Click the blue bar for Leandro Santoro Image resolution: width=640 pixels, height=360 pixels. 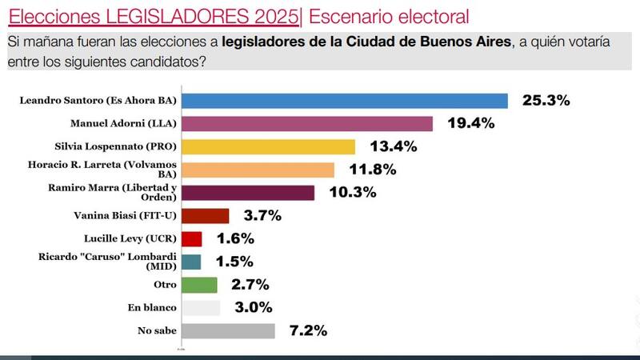(345, 101)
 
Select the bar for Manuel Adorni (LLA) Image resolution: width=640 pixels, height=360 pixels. (307, 124)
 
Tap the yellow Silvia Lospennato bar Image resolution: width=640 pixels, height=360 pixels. (269, 146)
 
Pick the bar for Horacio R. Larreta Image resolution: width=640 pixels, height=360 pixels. (258, 170)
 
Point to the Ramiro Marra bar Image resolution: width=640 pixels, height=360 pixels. (248, 193)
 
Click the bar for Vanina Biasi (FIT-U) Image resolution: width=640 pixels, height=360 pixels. (206, 216)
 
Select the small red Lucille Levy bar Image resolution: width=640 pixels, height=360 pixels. (192, 238)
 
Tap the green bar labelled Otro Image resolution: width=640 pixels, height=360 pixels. (200, 285)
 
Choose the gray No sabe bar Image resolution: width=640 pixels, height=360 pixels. (229, 330)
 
